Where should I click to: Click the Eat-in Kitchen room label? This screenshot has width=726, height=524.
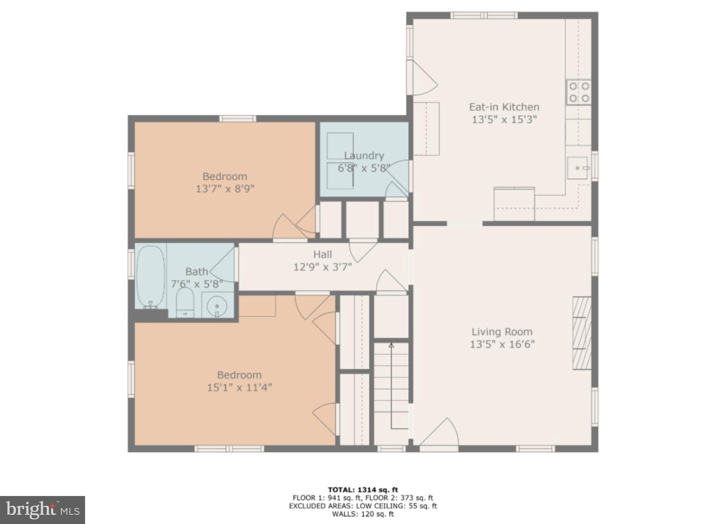(504, 107)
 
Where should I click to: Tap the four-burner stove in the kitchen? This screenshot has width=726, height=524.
(579, 92)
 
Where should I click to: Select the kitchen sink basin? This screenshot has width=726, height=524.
(577, 168)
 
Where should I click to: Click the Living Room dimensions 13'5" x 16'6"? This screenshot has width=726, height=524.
(502, 344)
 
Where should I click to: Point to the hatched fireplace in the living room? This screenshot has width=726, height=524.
(582, 333)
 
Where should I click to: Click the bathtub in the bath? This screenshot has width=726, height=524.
(151, 276)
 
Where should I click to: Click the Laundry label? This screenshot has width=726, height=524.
(364, 156)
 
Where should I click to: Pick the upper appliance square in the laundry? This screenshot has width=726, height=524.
(340, 146)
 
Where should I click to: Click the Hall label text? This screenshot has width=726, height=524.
(322, 254)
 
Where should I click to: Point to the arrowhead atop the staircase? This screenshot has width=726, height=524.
(391, 345)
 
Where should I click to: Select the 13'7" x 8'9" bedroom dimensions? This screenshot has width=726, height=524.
(225, 188)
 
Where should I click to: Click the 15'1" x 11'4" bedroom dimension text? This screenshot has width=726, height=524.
(239, 387)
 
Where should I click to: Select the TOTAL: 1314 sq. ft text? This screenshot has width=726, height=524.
(363, 490)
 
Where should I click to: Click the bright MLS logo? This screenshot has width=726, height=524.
(43, 510)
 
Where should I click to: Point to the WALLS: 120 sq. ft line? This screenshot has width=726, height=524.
(363, 514)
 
